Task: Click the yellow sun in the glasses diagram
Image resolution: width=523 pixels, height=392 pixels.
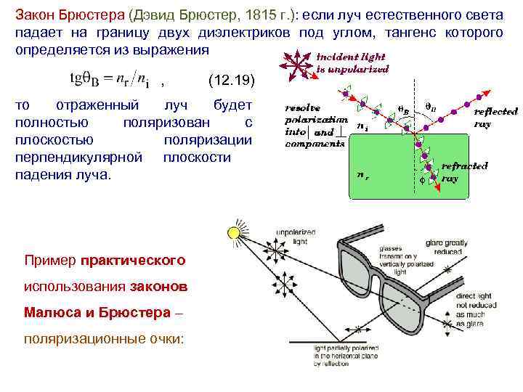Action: click(x=234, y=234)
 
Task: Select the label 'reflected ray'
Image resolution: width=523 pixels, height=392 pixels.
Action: click(x=495, y=118)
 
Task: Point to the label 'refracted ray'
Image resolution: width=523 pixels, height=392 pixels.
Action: click(x=464, y=171)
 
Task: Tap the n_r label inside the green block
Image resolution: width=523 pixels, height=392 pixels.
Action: click(x=360, y=174)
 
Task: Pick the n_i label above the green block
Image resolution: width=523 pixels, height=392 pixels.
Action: click(x=361, y=124)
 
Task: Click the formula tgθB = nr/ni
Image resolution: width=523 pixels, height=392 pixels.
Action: click(x=108, y=77)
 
